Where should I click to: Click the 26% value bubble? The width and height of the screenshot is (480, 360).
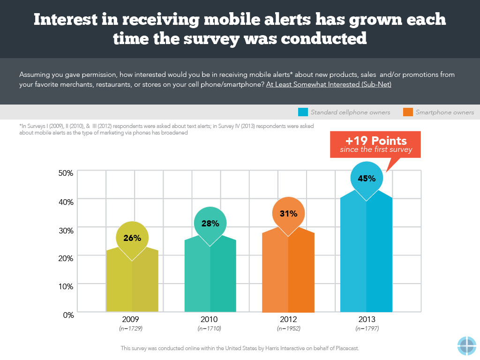[132, 238]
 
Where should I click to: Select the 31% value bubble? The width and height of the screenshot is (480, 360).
[288, 214]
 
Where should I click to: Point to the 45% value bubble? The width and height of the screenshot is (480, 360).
[367, 178]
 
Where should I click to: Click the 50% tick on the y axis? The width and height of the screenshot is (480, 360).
[66, 173]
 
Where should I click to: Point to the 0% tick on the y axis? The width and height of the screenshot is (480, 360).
[68, 315]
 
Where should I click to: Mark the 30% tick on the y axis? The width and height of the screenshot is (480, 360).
[66, 230]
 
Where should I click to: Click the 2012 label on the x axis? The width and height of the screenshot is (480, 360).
[288, 320]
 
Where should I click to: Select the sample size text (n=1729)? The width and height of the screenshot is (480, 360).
[132, 329]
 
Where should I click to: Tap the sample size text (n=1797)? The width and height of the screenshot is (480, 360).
[367, 329]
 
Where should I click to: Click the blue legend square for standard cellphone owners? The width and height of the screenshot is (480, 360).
[302, 112]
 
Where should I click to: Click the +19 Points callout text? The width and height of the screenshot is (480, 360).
[376, 141]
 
